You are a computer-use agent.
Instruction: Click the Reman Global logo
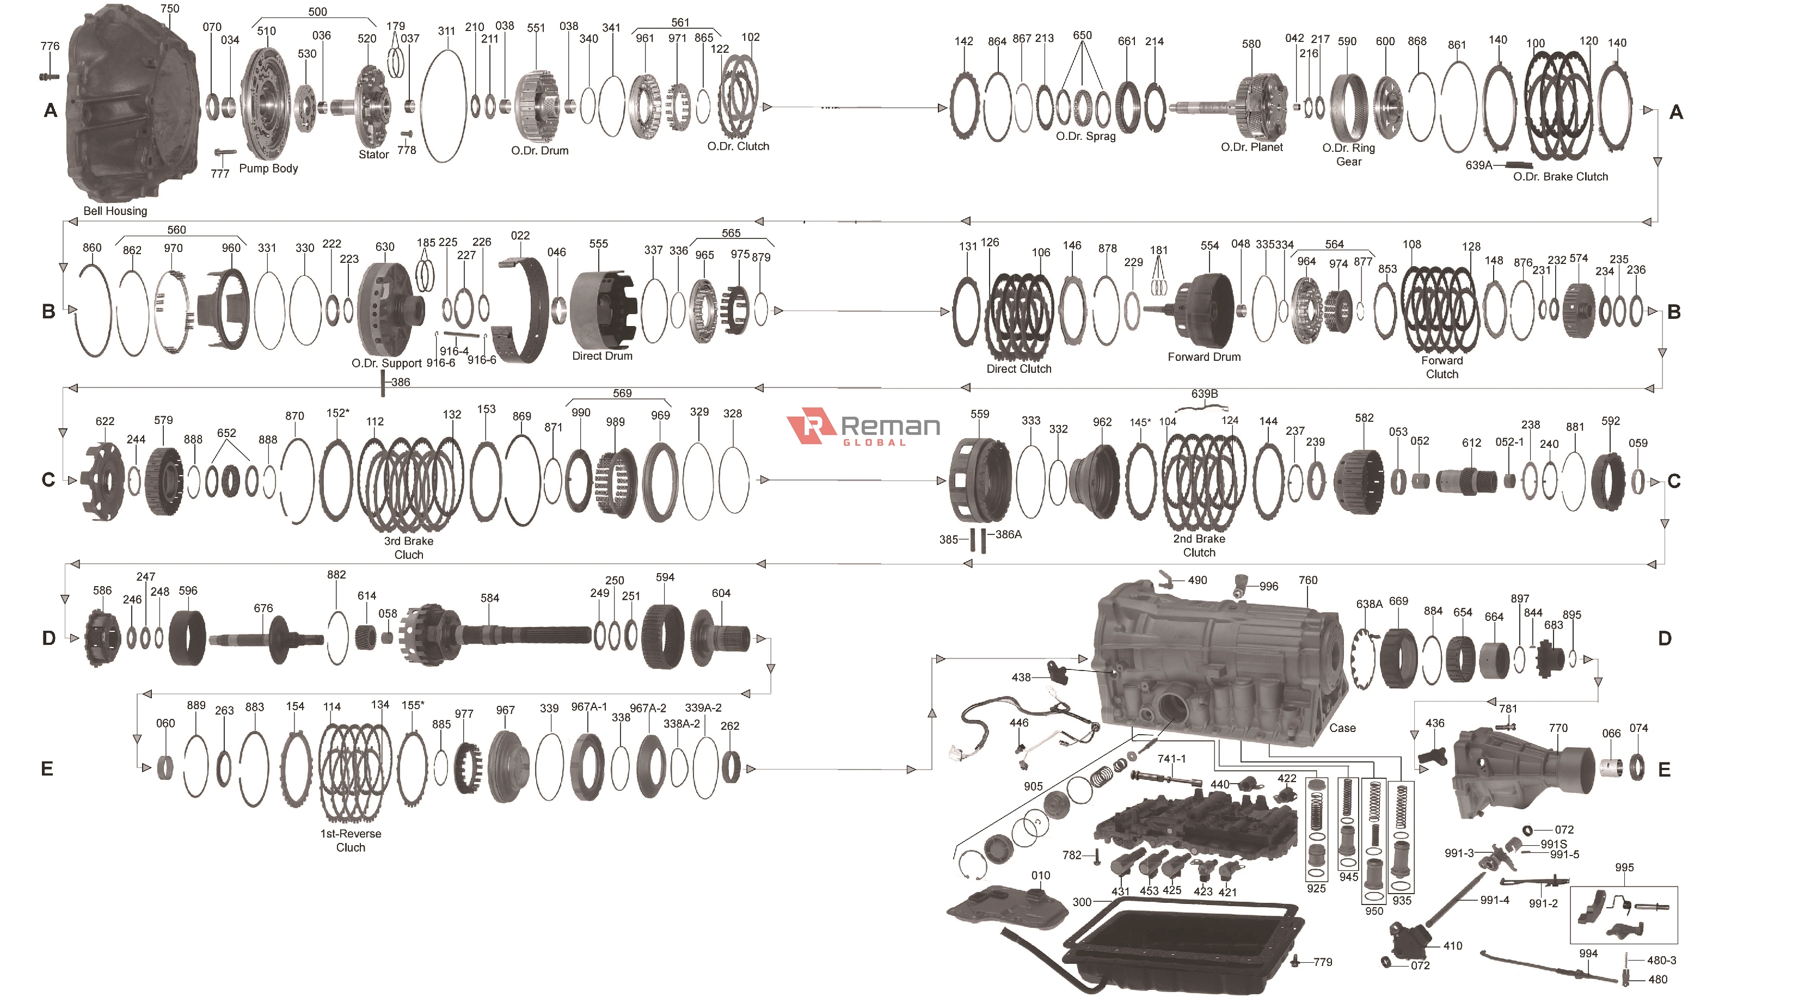863,427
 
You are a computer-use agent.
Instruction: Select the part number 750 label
170,8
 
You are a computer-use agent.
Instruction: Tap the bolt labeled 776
49,76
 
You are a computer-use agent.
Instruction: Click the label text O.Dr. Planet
1251,147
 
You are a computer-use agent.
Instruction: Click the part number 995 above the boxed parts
1624,867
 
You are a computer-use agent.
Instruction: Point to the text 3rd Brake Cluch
409,547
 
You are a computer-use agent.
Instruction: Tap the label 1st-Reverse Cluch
351,840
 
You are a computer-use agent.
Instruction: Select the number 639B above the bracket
1204,394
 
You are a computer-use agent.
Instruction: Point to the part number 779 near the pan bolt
1322,962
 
